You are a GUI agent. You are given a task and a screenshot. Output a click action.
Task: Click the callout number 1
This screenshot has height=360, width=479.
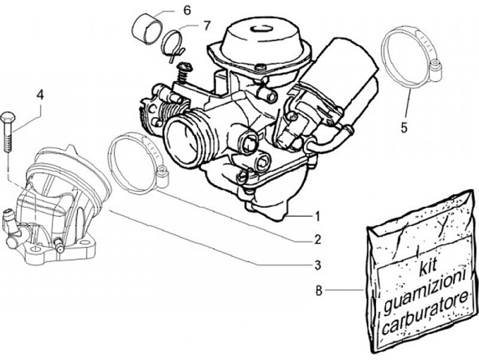[x=317, y=216]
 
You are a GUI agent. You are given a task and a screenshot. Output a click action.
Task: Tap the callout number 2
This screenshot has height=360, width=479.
[x=317, y=239]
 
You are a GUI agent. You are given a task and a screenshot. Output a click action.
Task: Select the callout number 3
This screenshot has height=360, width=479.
[x=317, y=266]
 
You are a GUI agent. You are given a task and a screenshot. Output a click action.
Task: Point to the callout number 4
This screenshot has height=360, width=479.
[x=40, y=95]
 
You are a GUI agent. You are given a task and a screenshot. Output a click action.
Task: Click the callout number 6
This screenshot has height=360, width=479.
[x=186, y=10]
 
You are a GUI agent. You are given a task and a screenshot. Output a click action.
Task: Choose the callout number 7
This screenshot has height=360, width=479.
[x=206, y=26]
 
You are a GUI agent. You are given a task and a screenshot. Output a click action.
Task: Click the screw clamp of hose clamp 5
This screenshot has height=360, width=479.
[x=435, y=66]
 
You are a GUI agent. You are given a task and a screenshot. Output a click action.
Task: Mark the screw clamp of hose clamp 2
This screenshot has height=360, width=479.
[x=162, y=176]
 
